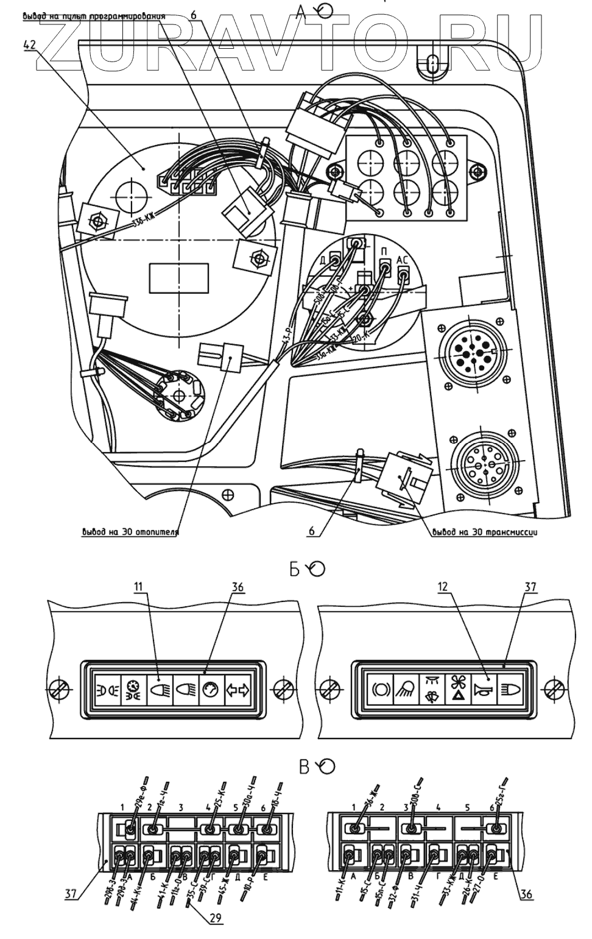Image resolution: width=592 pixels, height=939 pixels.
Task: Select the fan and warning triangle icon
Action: (x=459, y=690)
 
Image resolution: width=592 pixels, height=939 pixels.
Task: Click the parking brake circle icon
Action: (x=380, y=690)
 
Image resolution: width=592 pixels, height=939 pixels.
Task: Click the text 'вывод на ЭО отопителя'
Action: (x=130, y=531)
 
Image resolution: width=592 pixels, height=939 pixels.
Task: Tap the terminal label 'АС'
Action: (x=403, y=258)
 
